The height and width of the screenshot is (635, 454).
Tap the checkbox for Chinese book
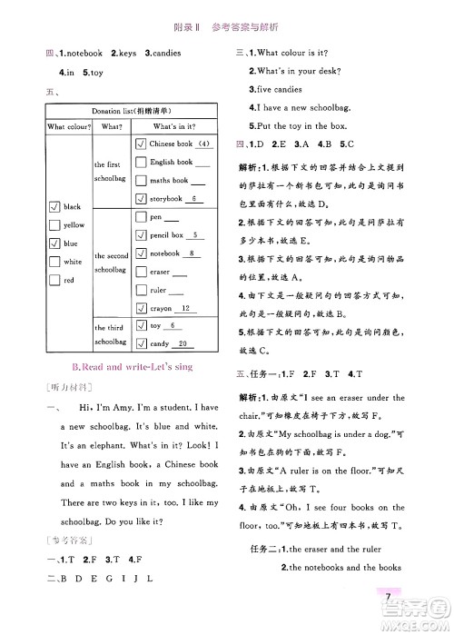pyautogui.click(x=140, y=144)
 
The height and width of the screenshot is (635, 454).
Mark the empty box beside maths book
pyautogui.click(x=140, y=180)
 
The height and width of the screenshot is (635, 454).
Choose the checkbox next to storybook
pyautogui.click(x=140, y=198)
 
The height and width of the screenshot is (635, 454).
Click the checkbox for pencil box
pyautogui.click(x=140, y=235)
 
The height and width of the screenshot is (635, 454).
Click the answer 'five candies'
pyautogui.click(x=283, y=90)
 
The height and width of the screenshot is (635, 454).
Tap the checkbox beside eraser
pyautogui.click(x=140, y=272)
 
